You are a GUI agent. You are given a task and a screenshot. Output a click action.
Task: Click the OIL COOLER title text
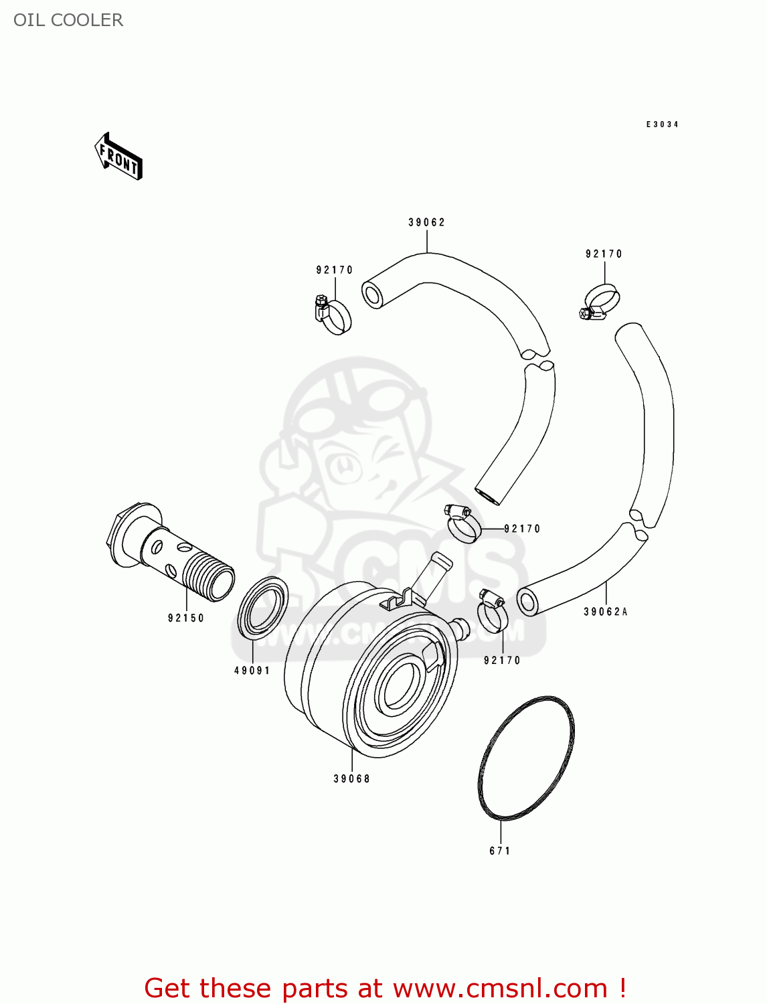tap(68, 20)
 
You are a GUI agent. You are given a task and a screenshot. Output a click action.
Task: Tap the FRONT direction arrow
tap(119, 157)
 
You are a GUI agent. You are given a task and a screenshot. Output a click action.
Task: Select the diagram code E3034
tap(662, 124)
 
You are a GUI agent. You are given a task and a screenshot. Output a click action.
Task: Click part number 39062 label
tap(426, 222)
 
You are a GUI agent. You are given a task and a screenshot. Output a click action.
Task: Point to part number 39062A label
tap(606, 612)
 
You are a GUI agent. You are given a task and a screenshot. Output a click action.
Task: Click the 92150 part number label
tap(186, 618)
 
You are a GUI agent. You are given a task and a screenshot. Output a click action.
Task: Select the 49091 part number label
tap(252, 671)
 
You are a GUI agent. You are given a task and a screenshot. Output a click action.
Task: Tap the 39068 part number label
tap(352, 778)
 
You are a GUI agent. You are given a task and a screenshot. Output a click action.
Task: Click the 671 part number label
tap(500, 851)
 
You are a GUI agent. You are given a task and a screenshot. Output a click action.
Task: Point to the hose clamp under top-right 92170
tap(600, 303)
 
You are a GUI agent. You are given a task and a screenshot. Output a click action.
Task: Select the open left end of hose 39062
tap(372, 295)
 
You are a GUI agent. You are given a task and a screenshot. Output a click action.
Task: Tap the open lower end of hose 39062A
tap(527, 602)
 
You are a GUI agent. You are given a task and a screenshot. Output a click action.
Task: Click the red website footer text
tap(385, 988)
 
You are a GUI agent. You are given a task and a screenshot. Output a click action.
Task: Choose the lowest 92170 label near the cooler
tap(502, 661)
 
